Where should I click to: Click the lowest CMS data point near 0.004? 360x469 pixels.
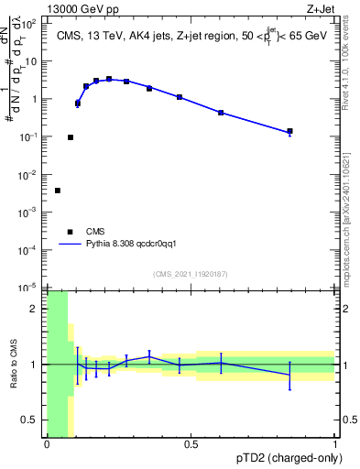point(58,191)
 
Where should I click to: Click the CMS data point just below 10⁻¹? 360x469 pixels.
point(71,137)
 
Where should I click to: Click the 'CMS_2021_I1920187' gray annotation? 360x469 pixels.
point(191,274)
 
